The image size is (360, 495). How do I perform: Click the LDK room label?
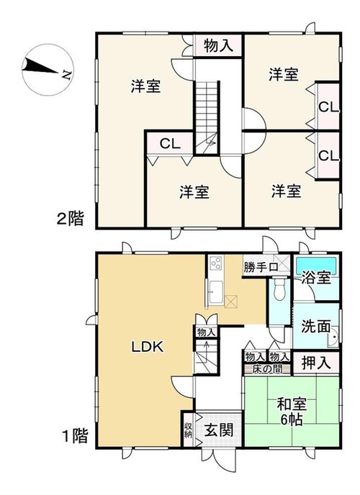tap(148, 347)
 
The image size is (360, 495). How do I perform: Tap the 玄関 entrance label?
tap(219, 430)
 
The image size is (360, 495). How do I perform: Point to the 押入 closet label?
tap(316, 363)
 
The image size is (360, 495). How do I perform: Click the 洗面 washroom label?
tap(316, 327)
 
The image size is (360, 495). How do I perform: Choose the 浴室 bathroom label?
tap(316, 278)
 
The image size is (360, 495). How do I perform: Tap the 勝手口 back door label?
tap(261, 268)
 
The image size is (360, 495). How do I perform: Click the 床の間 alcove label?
tap(267, 369)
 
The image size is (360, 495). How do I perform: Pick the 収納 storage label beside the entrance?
tap(188, 429)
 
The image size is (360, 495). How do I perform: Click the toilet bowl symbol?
tap(279, 289)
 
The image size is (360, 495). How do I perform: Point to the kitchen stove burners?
tap(217, 263)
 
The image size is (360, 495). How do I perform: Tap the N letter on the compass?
tap(67, 75)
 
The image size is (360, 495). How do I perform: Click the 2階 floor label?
tap(71, 219)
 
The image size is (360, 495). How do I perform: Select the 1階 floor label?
tap(75, 436)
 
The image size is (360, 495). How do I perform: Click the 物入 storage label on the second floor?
tap(219, 45)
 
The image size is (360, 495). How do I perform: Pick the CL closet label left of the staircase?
tap(170, 144)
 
